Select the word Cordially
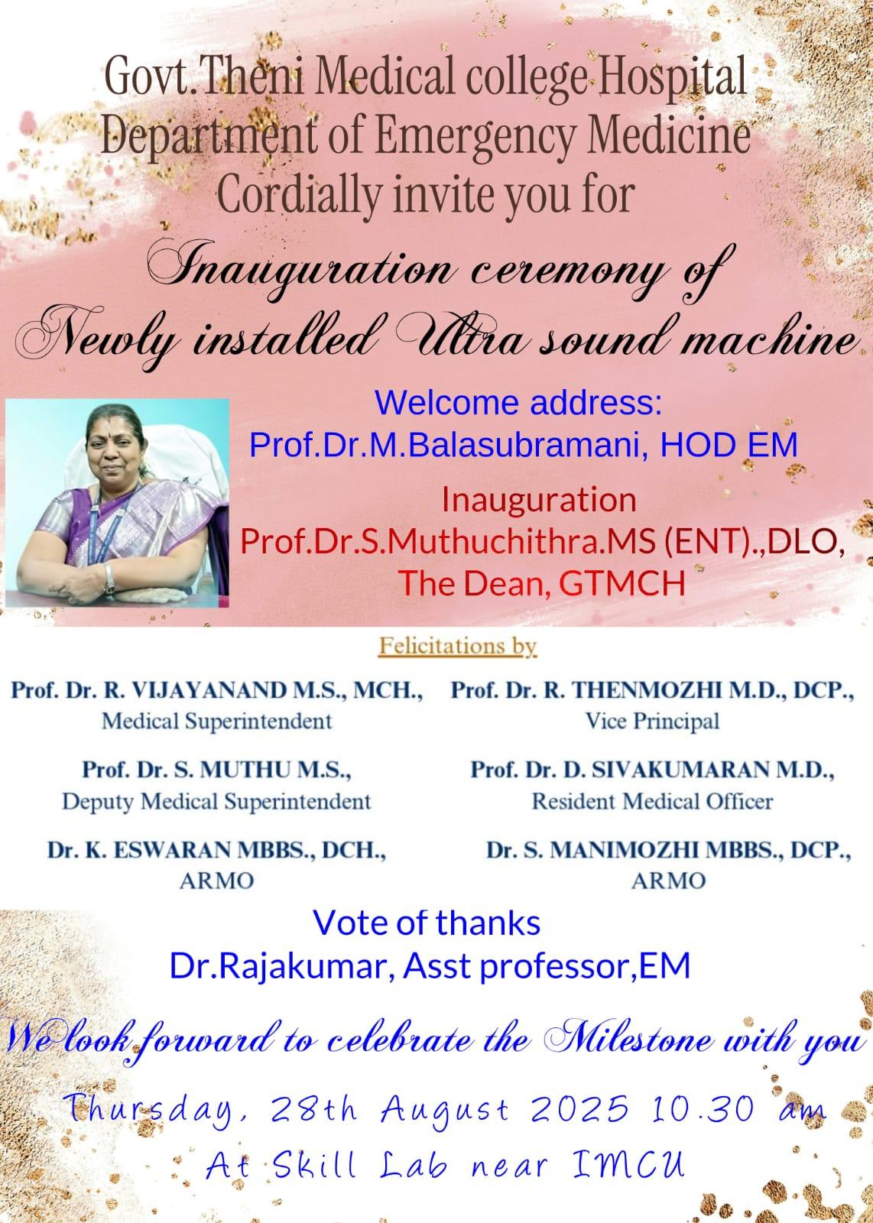299,196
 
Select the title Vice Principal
652,722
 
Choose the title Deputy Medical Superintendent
217,802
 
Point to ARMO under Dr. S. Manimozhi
669,881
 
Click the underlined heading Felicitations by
458,647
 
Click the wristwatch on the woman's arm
109,578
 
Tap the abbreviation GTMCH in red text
621,582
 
